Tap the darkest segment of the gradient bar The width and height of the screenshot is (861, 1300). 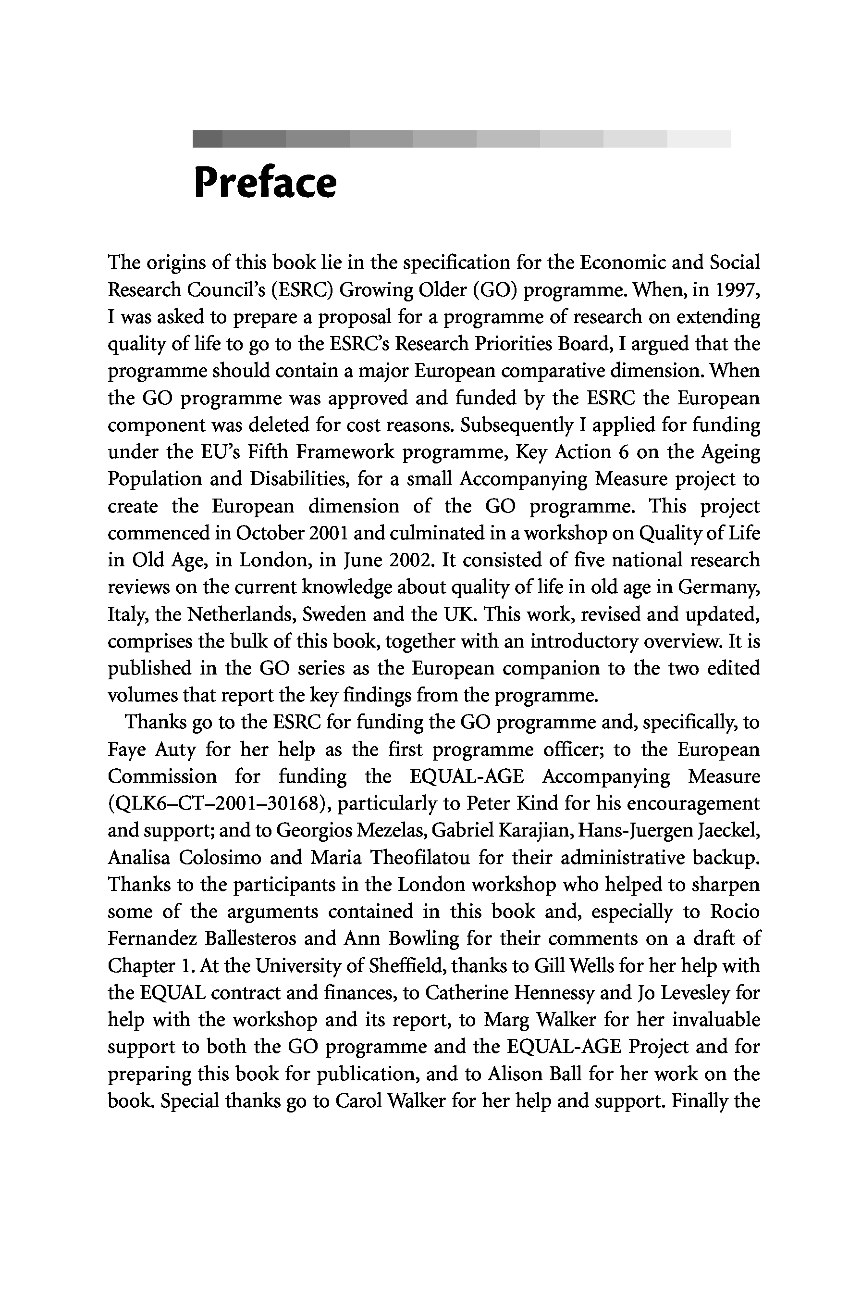coord(207,139)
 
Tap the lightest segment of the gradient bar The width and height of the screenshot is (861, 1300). coord(699,139)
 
